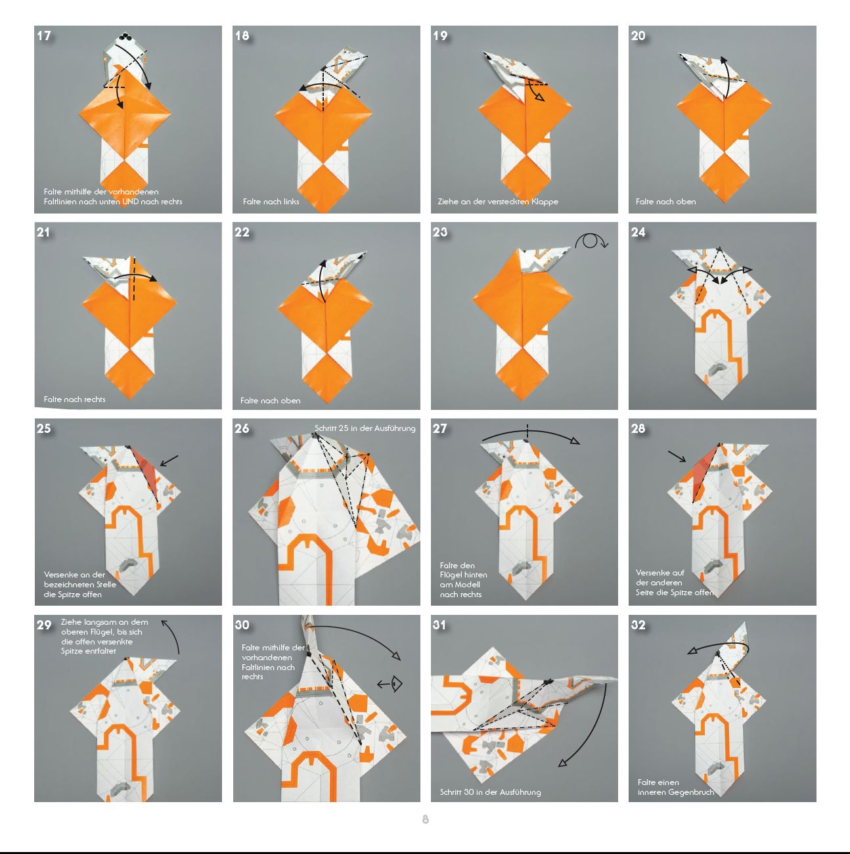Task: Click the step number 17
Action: click(44, 35)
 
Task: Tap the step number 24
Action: click(638, 232)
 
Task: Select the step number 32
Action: click(638, 625)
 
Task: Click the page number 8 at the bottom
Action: click(426, 819)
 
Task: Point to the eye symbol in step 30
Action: click(395, 685)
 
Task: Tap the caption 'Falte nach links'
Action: click(271, 201)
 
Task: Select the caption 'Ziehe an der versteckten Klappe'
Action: click(498, 201)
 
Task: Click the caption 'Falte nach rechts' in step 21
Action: click(74, 399)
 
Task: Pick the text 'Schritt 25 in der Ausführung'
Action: click(365, 428)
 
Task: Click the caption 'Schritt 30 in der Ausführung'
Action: click(490, 792)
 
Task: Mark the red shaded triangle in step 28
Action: click(705, 472)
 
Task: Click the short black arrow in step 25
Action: click(169, 461)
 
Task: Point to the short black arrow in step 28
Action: click(677, 457)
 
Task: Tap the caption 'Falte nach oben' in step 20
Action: click(665, 201)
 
